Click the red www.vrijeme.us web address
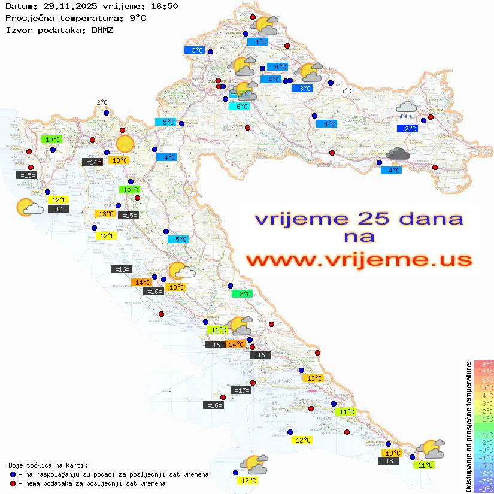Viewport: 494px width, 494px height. [x=358, y=260]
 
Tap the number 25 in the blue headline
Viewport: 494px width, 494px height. [x=369, y=219]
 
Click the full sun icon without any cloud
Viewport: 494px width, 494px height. [x=125, y=144]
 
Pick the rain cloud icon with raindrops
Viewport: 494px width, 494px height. [x=407, y=109]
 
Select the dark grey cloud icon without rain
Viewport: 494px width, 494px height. [x=398, y=154]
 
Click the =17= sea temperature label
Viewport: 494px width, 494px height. [x=241, y=390]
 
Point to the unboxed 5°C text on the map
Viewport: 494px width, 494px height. [x=346, y=91]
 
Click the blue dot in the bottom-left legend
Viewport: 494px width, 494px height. [x=13, y=474]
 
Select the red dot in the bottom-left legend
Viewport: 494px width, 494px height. [x=13, y=483]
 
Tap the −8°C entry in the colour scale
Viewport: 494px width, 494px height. [x=483, y=489]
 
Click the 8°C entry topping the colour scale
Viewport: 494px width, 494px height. [x=483, y=365]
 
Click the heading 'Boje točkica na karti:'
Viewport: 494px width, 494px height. [x=48, y=465]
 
